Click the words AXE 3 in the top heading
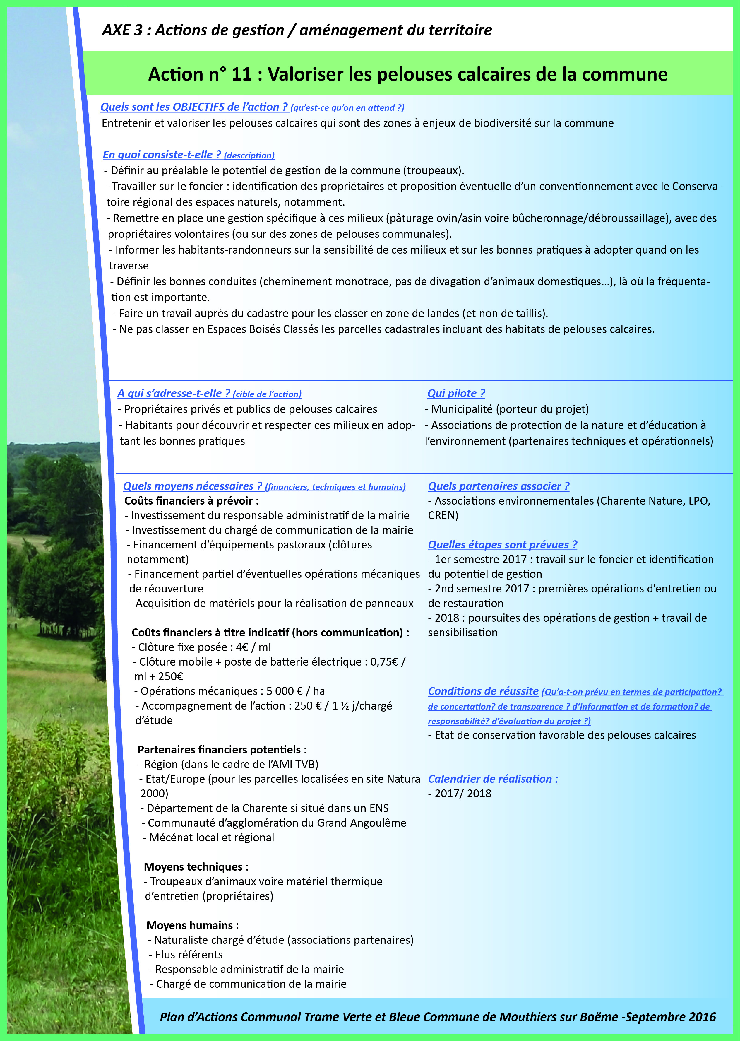click(x=122, y=30)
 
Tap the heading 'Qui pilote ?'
click(x=456, y=393)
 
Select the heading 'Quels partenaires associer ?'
click(x=499, y=486)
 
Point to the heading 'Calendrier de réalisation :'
click(x=493, y=779)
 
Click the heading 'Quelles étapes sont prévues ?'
click(x=502, y=545)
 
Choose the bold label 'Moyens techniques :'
click(x=196, y=866)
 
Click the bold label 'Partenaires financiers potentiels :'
click(x=222, y=749)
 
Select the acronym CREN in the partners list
click(x=443, y=515)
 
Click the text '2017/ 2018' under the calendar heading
click(x=462, y=794)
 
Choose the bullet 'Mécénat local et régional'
click(x=211, y=837)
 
